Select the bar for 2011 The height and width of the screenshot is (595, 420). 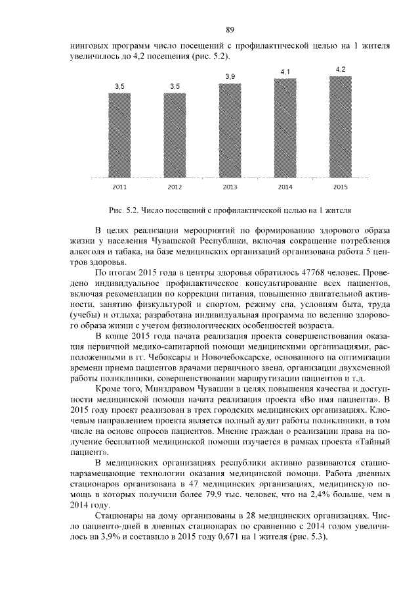(x=119, y=135)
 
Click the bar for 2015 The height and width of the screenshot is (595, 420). (x=340, y=127)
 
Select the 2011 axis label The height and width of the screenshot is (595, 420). (x=119, y=187)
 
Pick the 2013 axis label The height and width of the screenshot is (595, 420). (x=230, y=187)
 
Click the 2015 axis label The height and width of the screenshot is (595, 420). (x=340, y=187)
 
